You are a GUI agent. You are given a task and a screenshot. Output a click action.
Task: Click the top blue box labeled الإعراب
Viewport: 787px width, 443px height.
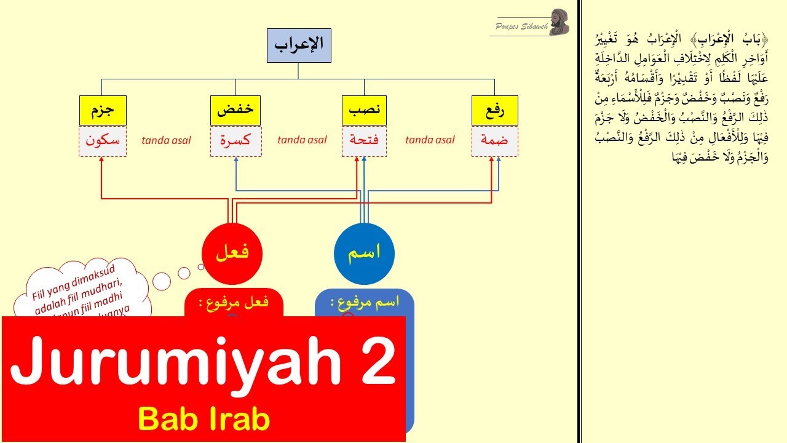[299, 46]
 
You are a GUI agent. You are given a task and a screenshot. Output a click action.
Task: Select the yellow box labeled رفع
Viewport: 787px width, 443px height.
[495, 111]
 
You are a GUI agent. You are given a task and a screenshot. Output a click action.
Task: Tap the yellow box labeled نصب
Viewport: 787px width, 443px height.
[365, 111]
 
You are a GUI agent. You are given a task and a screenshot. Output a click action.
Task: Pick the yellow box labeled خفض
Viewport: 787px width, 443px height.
[233, 111]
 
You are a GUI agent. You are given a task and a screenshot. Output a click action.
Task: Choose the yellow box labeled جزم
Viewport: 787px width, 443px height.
[103, 111]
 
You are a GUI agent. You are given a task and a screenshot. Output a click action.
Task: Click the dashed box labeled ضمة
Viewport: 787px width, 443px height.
[495, 141]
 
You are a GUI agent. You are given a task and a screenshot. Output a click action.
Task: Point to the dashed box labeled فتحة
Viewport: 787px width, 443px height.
[365, 141]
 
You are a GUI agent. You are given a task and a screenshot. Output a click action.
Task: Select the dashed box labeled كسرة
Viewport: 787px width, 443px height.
[233, 141]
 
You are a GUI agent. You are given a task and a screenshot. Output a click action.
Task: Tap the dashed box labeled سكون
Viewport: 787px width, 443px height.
[103, 141]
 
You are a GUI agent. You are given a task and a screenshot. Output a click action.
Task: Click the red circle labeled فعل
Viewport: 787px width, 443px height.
[232, 253]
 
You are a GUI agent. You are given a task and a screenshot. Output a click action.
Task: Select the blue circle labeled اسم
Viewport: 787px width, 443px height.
[364, 253]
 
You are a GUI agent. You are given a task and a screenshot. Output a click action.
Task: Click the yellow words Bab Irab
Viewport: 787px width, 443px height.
[204, 418]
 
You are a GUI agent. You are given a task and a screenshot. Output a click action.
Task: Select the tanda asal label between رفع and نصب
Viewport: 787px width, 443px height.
[430, 140]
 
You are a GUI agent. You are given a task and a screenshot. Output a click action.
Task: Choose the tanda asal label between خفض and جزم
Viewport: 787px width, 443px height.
[166, 140]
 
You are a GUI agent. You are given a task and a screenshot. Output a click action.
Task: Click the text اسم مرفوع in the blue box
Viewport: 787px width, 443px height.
[365, 303]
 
